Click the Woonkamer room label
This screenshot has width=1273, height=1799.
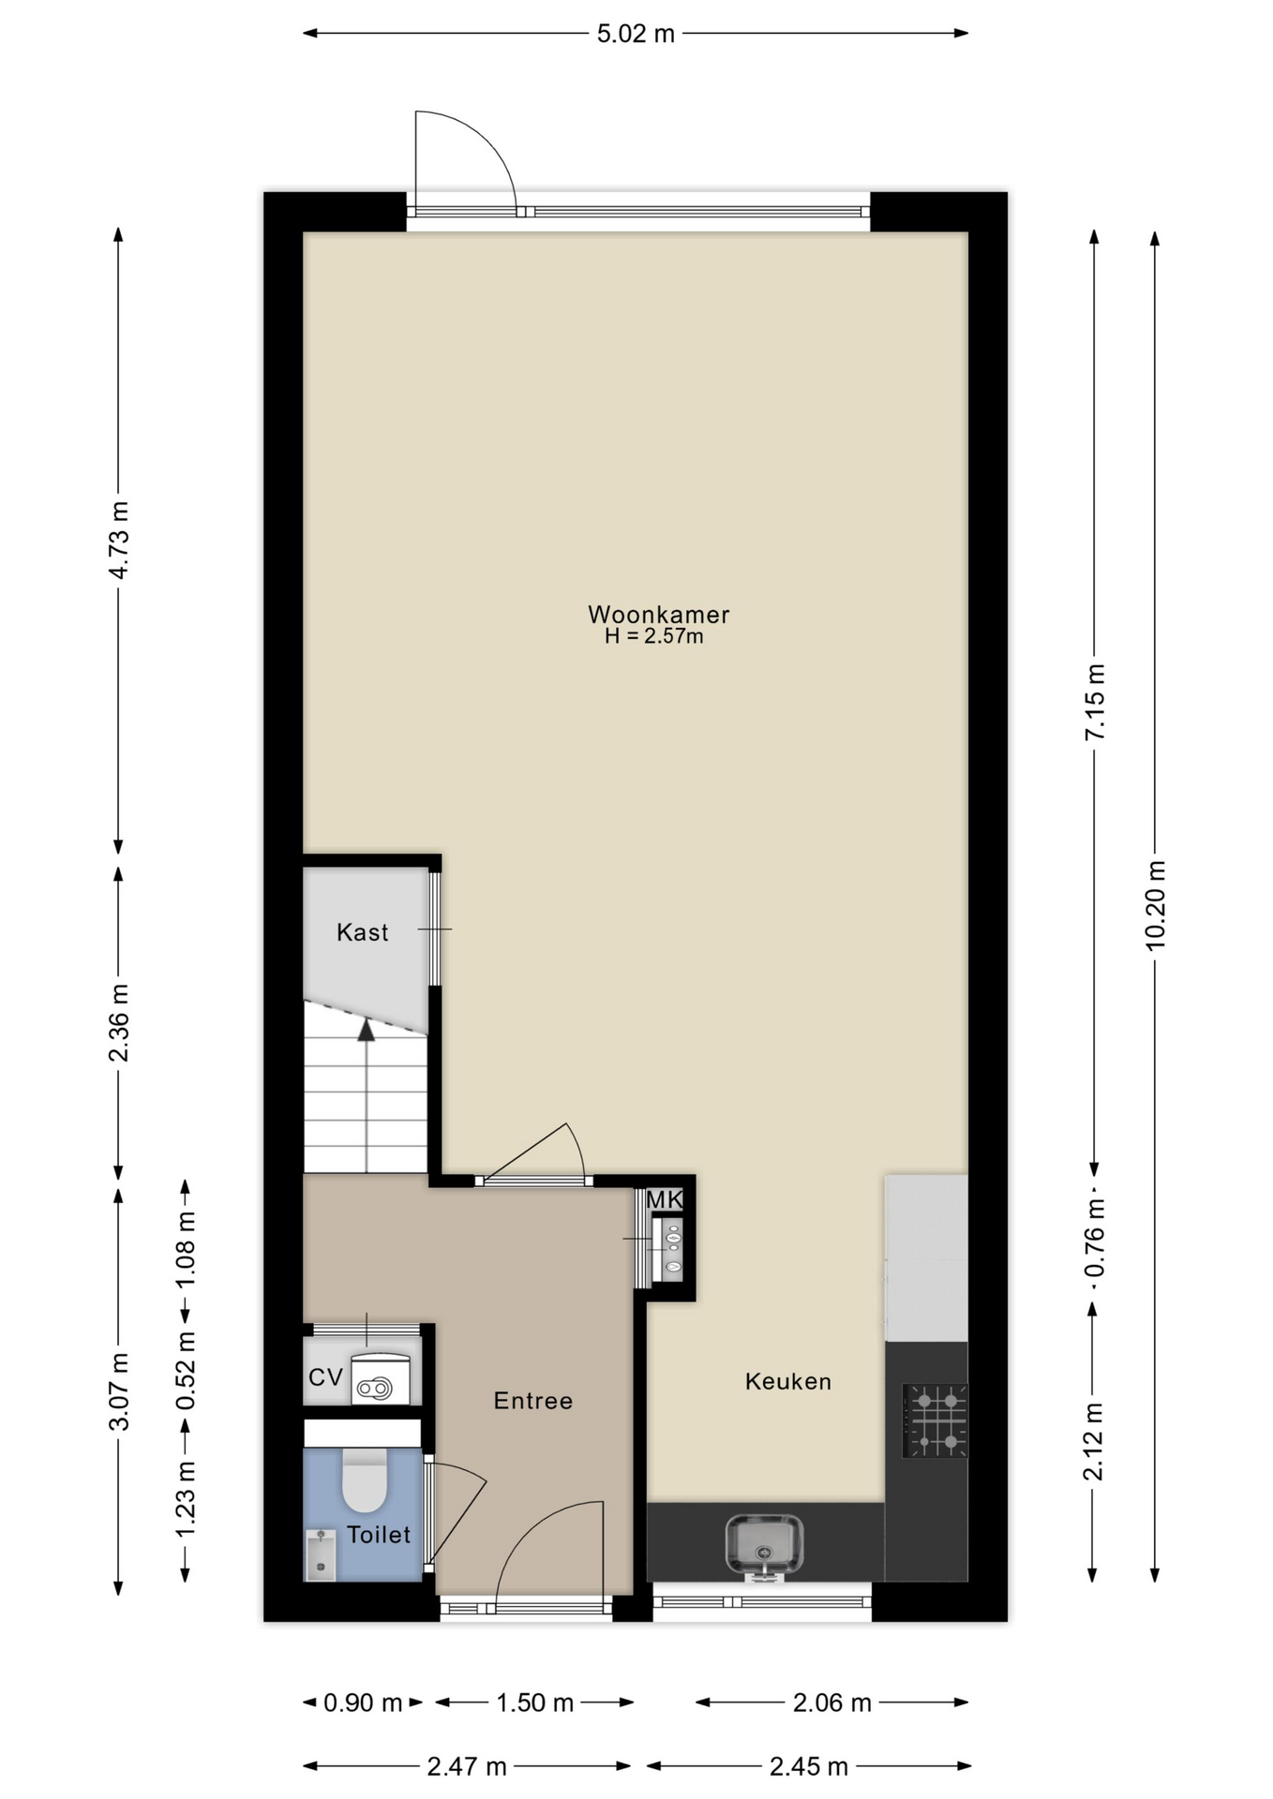(x=658, y=615)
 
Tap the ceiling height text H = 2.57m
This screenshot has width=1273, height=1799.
(x=654, y=637)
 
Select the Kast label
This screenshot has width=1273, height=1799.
(x=362, y=932)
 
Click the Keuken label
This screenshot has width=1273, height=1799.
(x=787, y=1381)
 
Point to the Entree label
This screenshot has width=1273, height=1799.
(x=532, y=1401)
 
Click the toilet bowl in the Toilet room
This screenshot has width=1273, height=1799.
(x=365, y=1479)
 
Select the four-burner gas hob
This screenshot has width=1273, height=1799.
(x=935, y=1420)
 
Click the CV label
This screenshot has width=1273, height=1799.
(x=325, y=1377)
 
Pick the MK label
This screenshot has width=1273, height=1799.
(x=664, y=1199)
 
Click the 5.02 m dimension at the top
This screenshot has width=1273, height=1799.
(x=636, y=34)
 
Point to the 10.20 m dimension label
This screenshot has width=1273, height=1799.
(x=1155, y=905)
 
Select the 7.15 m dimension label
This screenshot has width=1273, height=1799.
(x=1094, y=702)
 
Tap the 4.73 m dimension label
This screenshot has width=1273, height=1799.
(x=119, y=541)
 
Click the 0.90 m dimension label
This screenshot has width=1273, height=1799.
(x=363, y=1702)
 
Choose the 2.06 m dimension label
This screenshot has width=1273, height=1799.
(x=832, y=1702)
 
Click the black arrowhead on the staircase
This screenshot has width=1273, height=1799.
(x=366, y=1030)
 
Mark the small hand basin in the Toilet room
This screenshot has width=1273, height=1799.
(x=321, y=1554)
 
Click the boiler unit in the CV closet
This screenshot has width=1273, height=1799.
(x=381, y=1378)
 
